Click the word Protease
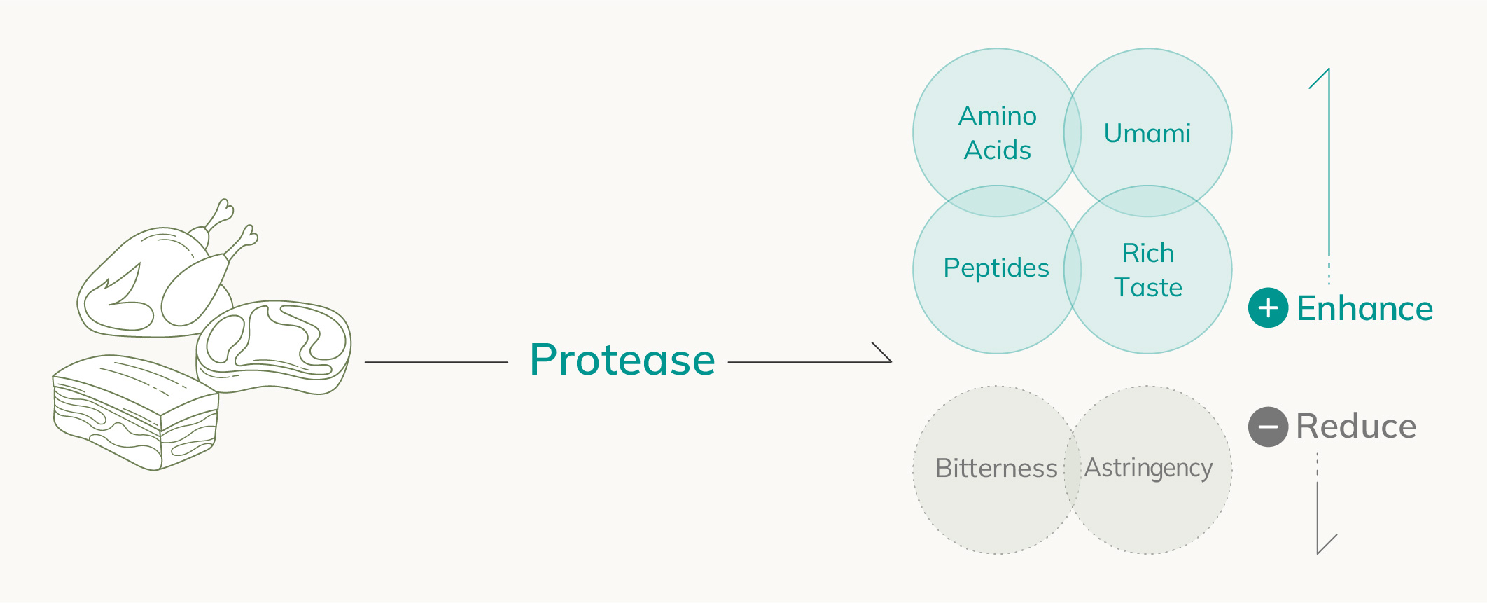point(622,360)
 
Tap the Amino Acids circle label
point(998,133)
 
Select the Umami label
point(1147,133)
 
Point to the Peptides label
point(996,268)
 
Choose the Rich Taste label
point(1148,270)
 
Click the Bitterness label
point(996,468)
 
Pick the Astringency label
point(1149,469)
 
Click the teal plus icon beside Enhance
point(1268,307)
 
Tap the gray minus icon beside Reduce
point(1268,427)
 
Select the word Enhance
point(1364,308)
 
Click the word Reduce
point(1356,427)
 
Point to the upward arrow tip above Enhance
point(1329,69)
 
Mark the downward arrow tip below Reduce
point(1318,554)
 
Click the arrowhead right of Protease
point(891,361)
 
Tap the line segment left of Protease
point(436,362)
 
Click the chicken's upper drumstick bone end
point(225,207)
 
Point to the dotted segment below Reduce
point(1318,465)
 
